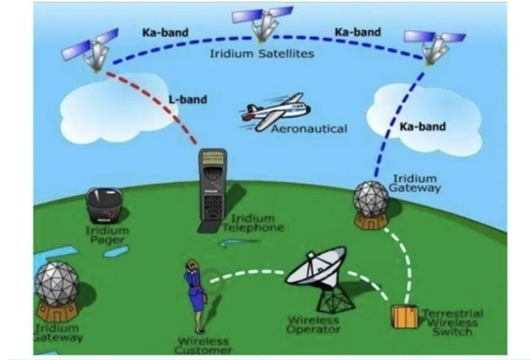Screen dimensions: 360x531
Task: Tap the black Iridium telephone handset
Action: (212, 187)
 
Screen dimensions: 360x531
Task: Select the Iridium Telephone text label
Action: (253, 224)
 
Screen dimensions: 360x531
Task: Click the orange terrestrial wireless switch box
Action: (404, 317)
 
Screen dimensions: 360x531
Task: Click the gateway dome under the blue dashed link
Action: (371, 202)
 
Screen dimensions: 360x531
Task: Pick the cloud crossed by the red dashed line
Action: (112, 108)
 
